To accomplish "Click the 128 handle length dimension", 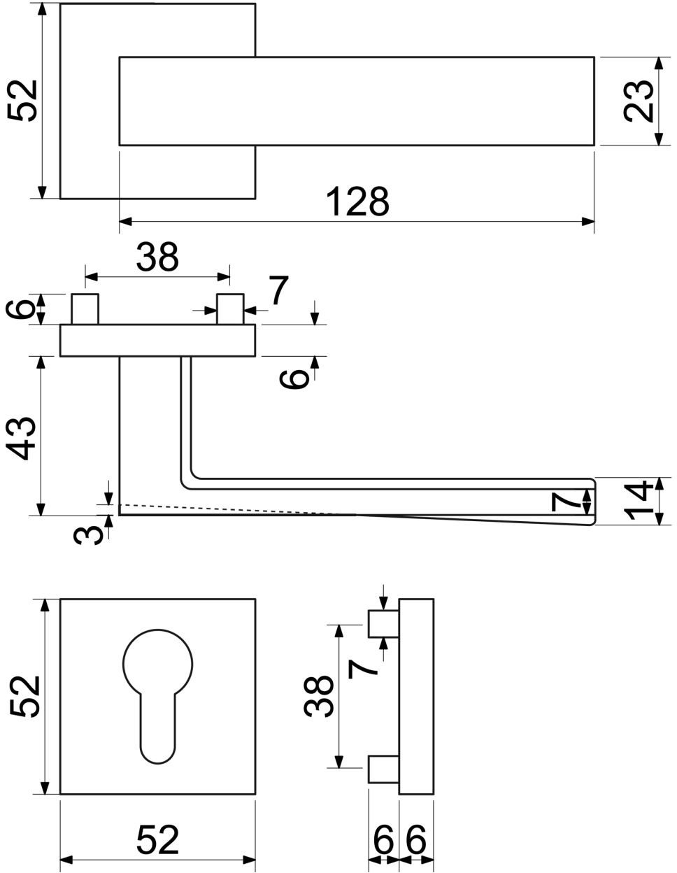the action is (x=357, y=201).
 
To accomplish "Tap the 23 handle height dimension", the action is (x=639, y=101).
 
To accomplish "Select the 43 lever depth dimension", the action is (x=22, y=438).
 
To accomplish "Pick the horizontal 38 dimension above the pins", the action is (x=157, y=257).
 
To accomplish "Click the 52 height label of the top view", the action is (x=22, y=101).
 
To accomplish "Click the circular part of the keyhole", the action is (x=158, y=664).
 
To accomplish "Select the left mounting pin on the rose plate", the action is (x=85, y=309).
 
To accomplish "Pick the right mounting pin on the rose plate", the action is (x=230, y=309).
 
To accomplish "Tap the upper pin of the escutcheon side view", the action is (x=383, y=624).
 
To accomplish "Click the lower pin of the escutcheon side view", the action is (x=383, y=769).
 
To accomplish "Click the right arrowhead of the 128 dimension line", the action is (x=588, y=221).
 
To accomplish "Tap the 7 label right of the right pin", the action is (x=278, y=290).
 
